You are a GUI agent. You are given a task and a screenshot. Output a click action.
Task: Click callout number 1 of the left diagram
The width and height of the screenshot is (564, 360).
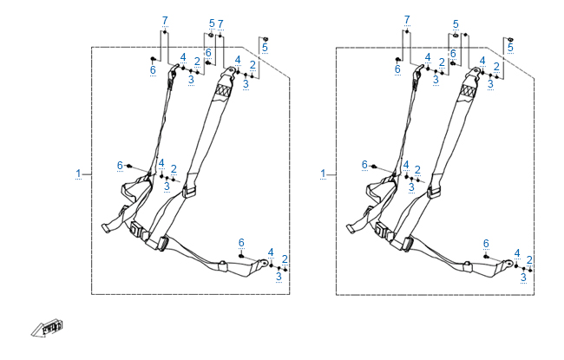(79, 174)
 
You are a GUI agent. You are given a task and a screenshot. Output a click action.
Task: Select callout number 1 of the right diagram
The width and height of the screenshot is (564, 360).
(324, 174)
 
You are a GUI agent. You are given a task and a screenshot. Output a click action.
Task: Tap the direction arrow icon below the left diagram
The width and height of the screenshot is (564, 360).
(48, 327)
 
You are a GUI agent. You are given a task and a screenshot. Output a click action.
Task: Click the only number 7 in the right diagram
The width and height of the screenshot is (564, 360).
(406, 19)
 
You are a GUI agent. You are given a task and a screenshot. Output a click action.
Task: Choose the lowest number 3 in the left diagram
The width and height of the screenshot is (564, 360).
(279, 277)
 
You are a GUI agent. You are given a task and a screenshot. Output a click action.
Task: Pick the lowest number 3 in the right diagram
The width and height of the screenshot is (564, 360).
(524, 277)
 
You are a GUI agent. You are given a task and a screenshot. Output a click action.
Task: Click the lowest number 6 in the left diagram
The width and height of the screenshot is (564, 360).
(241, 242)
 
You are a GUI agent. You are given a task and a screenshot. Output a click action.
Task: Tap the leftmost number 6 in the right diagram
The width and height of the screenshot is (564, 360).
(364, 165)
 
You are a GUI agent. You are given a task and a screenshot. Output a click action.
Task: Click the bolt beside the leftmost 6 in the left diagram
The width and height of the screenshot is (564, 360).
(129, 165)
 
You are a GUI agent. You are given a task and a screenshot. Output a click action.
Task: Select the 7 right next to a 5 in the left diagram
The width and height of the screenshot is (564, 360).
(220, 23)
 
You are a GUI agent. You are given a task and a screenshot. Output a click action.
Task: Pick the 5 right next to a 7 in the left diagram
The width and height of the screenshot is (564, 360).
(212, 23)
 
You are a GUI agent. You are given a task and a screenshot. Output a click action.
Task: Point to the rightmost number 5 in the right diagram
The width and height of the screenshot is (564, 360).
(510, 48)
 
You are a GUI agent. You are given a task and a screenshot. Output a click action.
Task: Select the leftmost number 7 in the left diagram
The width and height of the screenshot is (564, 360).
(165, 19)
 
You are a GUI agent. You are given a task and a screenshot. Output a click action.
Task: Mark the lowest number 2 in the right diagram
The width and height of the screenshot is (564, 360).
(530, 259)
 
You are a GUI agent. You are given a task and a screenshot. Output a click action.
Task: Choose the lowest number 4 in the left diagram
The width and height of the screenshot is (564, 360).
(272, 252)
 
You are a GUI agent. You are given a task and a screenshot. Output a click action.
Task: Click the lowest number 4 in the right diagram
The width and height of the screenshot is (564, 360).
(516, 252)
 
